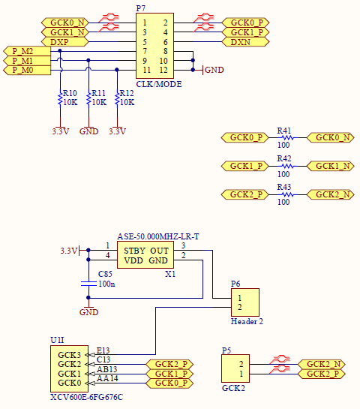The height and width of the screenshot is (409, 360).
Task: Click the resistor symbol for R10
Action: pos(60,99)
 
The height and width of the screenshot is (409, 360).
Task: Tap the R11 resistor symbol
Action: pos(88,99)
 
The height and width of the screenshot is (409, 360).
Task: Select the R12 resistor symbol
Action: pos(117,99)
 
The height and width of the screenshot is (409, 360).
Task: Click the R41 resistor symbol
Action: pos(287,137)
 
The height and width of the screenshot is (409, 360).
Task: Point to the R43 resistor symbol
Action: pos(287,194)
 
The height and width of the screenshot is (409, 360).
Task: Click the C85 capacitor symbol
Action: pos(88,284)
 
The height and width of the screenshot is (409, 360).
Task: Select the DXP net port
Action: pos(65,42)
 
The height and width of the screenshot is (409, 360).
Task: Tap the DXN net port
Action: pos(245,42)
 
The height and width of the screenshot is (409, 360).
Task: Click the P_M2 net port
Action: pos(27,51)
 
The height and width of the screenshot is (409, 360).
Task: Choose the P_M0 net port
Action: pos(27,70)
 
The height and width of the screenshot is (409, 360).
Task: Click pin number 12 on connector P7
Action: pos(163,70)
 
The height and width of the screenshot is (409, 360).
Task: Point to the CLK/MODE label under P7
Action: pos(159,84)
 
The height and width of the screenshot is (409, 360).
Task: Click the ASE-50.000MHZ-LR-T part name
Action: pos(158,236)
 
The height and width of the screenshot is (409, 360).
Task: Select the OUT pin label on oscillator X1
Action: pos(159,251)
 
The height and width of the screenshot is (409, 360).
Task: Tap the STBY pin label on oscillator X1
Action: pos(134,251)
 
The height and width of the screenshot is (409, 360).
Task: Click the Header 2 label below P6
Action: pos(247,321)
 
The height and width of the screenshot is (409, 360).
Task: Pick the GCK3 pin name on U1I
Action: pos(69,355)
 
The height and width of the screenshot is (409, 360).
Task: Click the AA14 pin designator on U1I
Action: pos(107,378)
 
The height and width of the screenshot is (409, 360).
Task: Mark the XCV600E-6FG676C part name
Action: pos(86,397)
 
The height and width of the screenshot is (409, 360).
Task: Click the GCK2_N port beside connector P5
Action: pos(322,364)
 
